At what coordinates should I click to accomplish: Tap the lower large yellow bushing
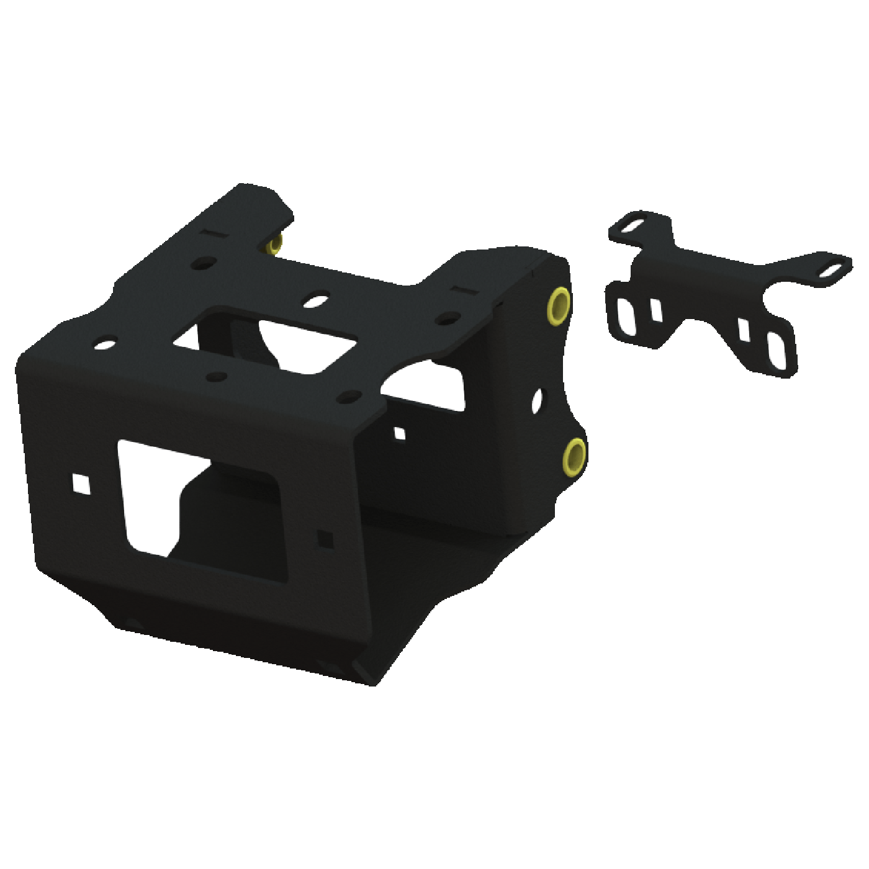(575, 454)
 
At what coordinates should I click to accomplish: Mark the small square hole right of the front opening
(324, 538)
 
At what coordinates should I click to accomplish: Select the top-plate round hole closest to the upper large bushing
(444, 319)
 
